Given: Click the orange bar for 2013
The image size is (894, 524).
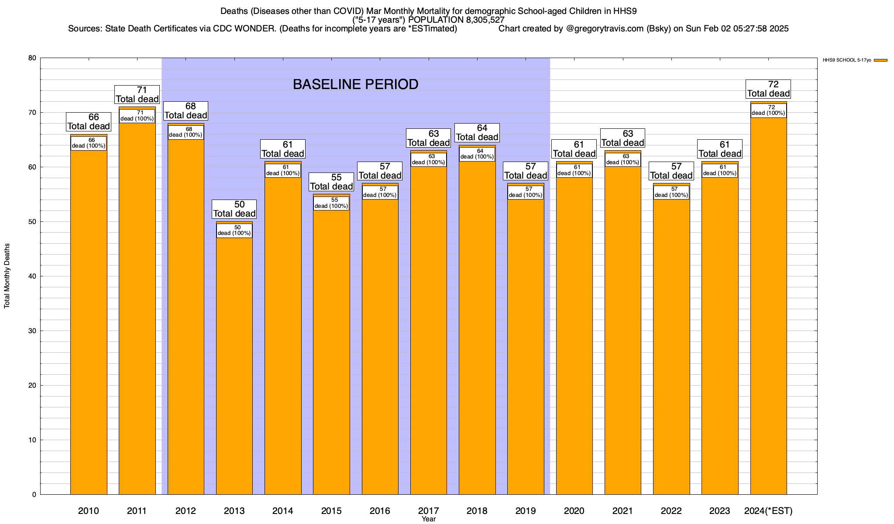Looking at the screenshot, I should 234,367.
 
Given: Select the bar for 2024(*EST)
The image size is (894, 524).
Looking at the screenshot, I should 768,306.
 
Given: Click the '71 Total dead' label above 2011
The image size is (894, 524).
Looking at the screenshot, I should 137,94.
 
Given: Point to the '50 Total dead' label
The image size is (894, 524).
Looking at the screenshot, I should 234,209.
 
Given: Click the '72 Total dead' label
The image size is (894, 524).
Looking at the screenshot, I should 768,89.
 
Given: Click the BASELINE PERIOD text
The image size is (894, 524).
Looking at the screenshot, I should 355,84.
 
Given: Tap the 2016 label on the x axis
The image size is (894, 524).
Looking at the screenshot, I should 380,511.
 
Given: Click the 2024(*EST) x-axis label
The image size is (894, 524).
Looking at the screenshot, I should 768,511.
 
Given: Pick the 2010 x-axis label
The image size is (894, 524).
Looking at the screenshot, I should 89,511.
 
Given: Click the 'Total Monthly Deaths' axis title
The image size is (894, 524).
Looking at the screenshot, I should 7,276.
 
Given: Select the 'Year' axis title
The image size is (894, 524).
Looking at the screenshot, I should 429,519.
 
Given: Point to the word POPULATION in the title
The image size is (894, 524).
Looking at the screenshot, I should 435,20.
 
